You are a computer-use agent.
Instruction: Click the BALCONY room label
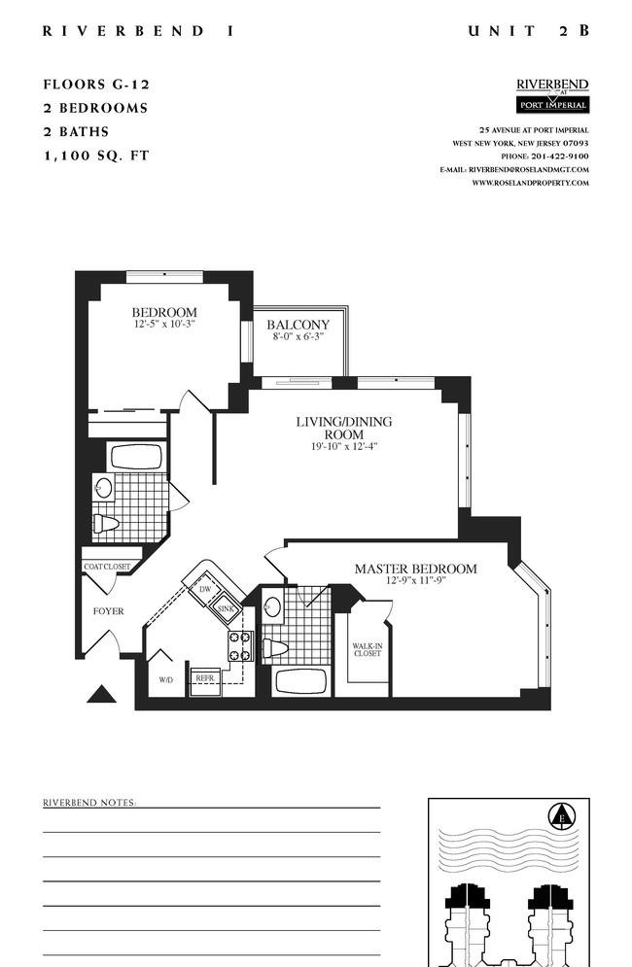tap(298, 325)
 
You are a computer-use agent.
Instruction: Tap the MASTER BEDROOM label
tap(415, 569)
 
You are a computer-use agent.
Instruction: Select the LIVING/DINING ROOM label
tap(344, 428)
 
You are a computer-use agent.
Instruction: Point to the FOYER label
tap(109, 611)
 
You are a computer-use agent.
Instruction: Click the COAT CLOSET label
tap(107, 567)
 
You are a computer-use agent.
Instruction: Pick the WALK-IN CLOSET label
tap(368, 650)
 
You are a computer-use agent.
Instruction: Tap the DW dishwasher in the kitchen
tap(204, 589)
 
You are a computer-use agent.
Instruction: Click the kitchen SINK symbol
tap(225, 609)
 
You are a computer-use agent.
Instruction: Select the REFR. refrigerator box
tap(205, 681)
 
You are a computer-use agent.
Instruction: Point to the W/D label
tap(165, 679)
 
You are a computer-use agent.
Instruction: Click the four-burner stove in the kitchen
tap(241, 645)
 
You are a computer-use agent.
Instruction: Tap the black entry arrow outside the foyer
tap(101, 694)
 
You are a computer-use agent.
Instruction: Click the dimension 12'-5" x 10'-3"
tap(164, 324)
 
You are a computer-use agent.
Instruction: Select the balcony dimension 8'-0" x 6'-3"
tap(298, 336)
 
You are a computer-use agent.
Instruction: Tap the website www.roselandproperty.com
tap(530, 183)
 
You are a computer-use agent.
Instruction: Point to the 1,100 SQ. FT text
tap(96, 155)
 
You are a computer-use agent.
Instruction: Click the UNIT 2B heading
tap(529, 31)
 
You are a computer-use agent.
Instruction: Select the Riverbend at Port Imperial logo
tap(552, 95)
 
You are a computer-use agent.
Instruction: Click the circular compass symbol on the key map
tap(562, 816)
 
